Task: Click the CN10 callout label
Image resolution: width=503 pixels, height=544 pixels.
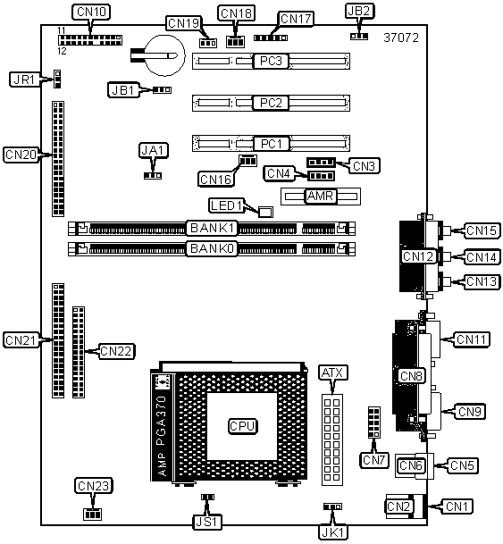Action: coord(91,12)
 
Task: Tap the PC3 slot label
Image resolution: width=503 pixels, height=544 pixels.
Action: coord(271,61)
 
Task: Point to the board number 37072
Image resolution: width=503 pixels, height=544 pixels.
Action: coord(401,38)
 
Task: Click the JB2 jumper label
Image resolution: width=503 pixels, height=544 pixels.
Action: coord(359,11)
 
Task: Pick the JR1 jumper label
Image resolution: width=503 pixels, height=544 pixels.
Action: coord(24,80)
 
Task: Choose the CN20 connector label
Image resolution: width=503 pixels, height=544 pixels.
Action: coord(21,155)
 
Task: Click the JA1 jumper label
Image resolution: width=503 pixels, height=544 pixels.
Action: coord(154,150)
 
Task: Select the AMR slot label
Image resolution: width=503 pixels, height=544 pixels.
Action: coord(320,196)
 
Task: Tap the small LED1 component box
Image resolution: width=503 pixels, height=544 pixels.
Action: coord(265,212)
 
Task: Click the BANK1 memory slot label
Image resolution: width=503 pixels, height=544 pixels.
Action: coord(212,228)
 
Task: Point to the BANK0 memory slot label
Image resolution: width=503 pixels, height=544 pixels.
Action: coord(212,248)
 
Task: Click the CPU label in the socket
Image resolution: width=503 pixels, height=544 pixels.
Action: coord(242,426)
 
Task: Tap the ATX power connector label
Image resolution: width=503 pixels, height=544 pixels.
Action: coord(332,373)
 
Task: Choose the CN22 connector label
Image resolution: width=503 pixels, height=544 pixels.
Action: coord(116,351)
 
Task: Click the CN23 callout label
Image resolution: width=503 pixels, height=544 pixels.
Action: coord(93,486)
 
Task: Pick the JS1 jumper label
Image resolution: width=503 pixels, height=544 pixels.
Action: coord(206,522)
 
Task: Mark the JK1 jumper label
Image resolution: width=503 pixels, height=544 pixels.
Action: coord(332,532)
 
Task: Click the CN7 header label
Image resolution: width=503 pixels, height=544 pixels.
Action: coord(373,460)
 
